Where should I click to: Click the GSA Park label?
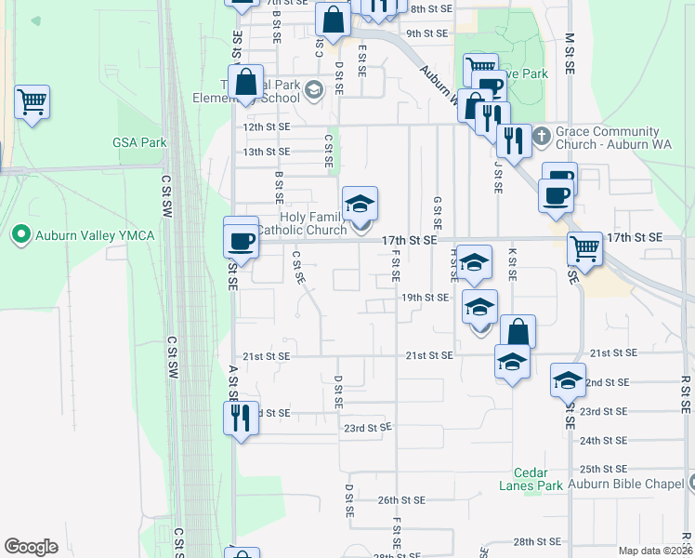pos(139,142)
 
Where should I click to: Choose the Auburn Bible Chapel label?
pos(627,485)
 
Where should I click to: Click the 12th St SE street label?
pos(266,126)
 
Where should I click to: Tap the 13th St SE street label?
pos(266,152)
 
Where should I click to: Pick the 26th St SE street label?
pos(401,499)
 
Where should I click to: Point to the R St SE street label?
pos(685,394)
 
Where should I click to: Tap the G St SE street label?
pos(437,214)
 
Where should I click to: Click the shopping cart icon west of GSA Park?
pos(33,101)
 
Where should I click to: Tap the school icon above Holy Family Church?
pos(361,203)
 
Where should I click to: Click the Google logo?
pos(31,546)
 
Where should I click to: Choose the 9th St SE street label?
pos(427,33)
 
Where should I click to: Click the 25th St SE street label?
pos(604,470)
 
